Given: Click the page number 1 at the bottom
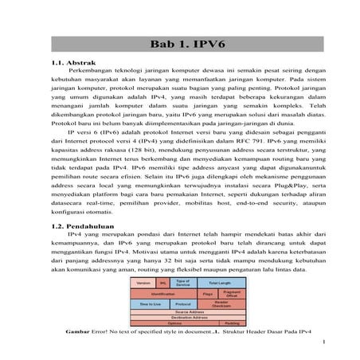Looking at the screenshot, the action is pos(328,343).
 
